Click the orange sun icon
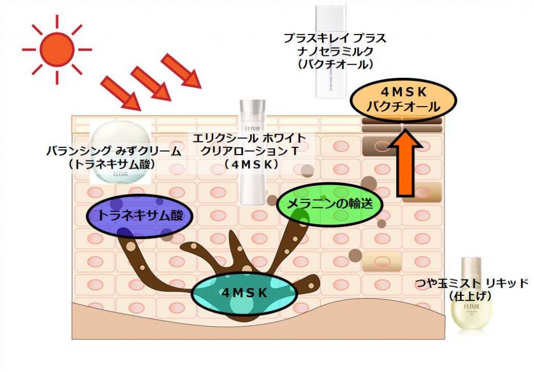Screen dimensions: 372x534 56,49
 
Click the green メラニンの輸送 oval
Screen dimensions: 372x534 330,203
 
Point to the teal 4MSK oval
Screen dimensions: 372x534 244,293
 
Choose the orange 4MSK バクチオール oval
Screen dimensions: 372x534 403,100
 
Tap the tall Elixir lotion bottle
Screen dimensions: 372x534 252,152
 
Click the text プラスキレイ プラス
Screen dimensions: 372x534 335,38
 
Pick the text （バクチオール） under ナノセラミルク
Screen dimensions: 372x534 335,64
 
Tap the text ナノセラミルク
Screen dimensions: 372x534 335,51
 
